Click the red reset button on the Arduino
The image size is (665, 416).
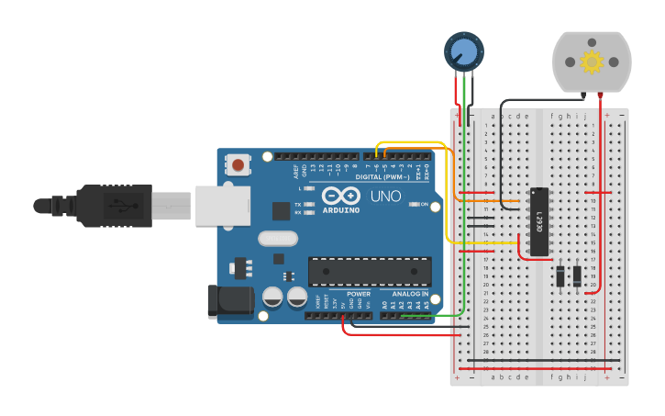tap(238, 166)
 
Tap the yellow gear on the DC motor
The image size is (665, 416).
tap(592, 62)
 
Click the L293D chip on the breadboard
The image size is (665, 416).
tap(539, 221)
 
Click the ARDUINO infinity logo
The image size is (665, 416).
tap(340, 196)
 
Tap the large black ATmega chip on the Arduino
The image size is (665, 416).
tap(369, 272)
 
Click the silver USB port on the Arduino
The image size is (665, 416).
tap(221, 203)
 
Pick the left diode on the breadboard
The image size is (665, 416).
tap(560, 275)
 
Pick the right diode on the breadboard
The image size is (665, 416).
tap(577, 275)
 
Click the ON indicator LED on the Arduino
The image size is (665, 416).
tap(414, 204)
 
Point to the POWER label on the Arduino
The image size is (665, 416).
tap(359, 294)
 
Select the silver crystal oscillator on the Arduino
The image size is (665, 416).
tap(278, 238)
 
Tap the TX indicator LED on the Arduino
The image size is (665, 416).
tap(309, 204)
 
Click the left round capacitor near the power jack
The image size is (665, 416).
tap(272, 297)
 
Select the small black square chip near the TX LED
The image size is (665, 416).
tap(281, 210)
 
